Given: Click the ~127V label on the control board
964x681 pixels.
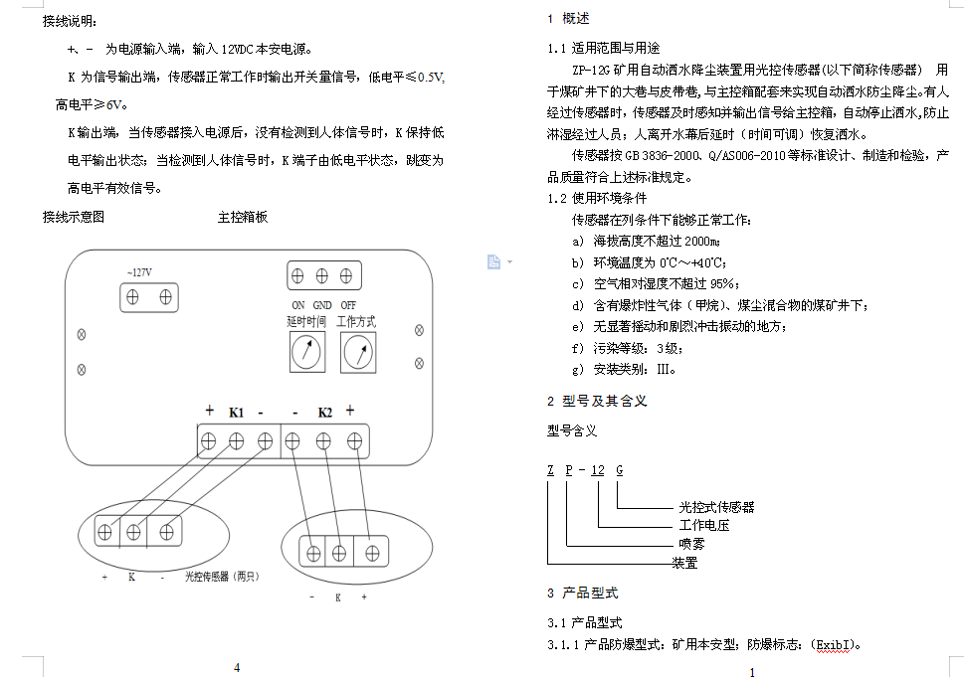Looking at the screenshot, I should tap(139, 272).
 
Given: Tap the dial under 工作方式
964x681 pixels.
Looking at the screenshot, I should tap(357, 352).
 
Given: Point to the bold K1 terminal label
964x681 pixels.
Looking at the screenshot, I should tap(236, 412).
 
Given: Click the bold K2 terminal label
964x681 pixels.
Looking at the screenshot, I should tap(324, 412).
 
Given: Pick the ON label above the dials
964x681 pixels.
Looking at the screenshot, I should tap(297, 305).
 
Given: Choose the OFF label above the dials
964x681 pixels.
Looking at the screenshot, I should tap(348, 305).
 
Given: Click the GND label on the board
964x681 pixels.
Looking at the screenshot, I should tap(322, 305).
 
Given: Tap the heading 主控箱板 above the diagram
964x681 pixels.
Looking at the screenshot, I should tap(243, 217).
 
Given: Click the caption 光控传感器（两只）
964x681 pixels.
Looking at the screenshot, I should tap(221, 577).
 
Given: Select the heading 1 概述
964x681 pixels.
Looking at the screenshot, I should tap(568, 18).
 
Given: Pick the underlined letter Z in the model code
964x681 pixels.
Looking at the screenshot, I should tap(550, 470).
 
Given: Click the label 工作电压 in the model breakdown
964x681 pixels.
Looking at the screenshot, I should tap(704, 525).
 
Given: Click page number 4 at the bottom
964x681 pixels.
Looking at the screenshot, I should tap(237, 667).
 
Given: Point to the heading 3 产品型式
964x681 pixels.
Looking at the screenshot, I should tap(582, 594).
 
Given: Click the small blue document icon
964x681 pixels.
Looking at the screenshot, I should tap(493, 261).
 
